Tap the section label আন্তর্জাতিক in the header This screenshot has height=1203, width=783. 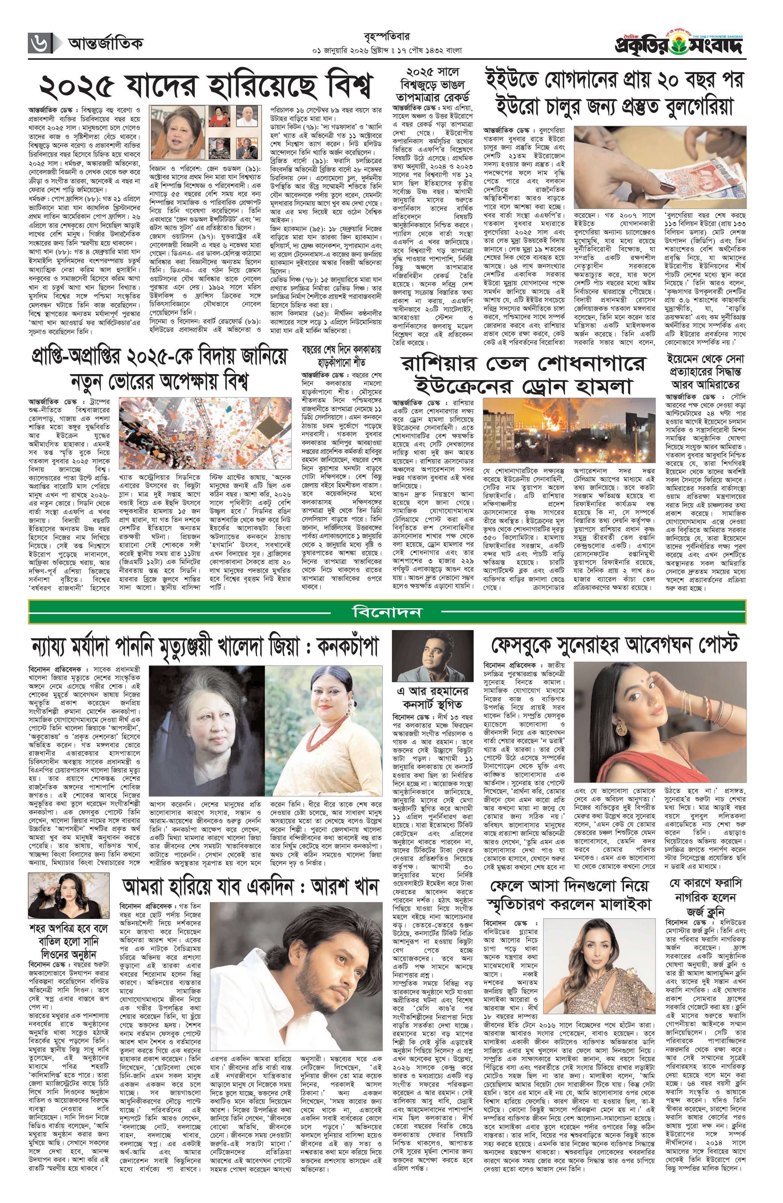(105, 44)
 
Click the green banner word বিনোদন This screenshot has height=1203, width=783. (387, 612)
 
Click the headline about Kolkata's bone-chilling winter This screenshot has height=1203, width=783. (341, 356)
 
